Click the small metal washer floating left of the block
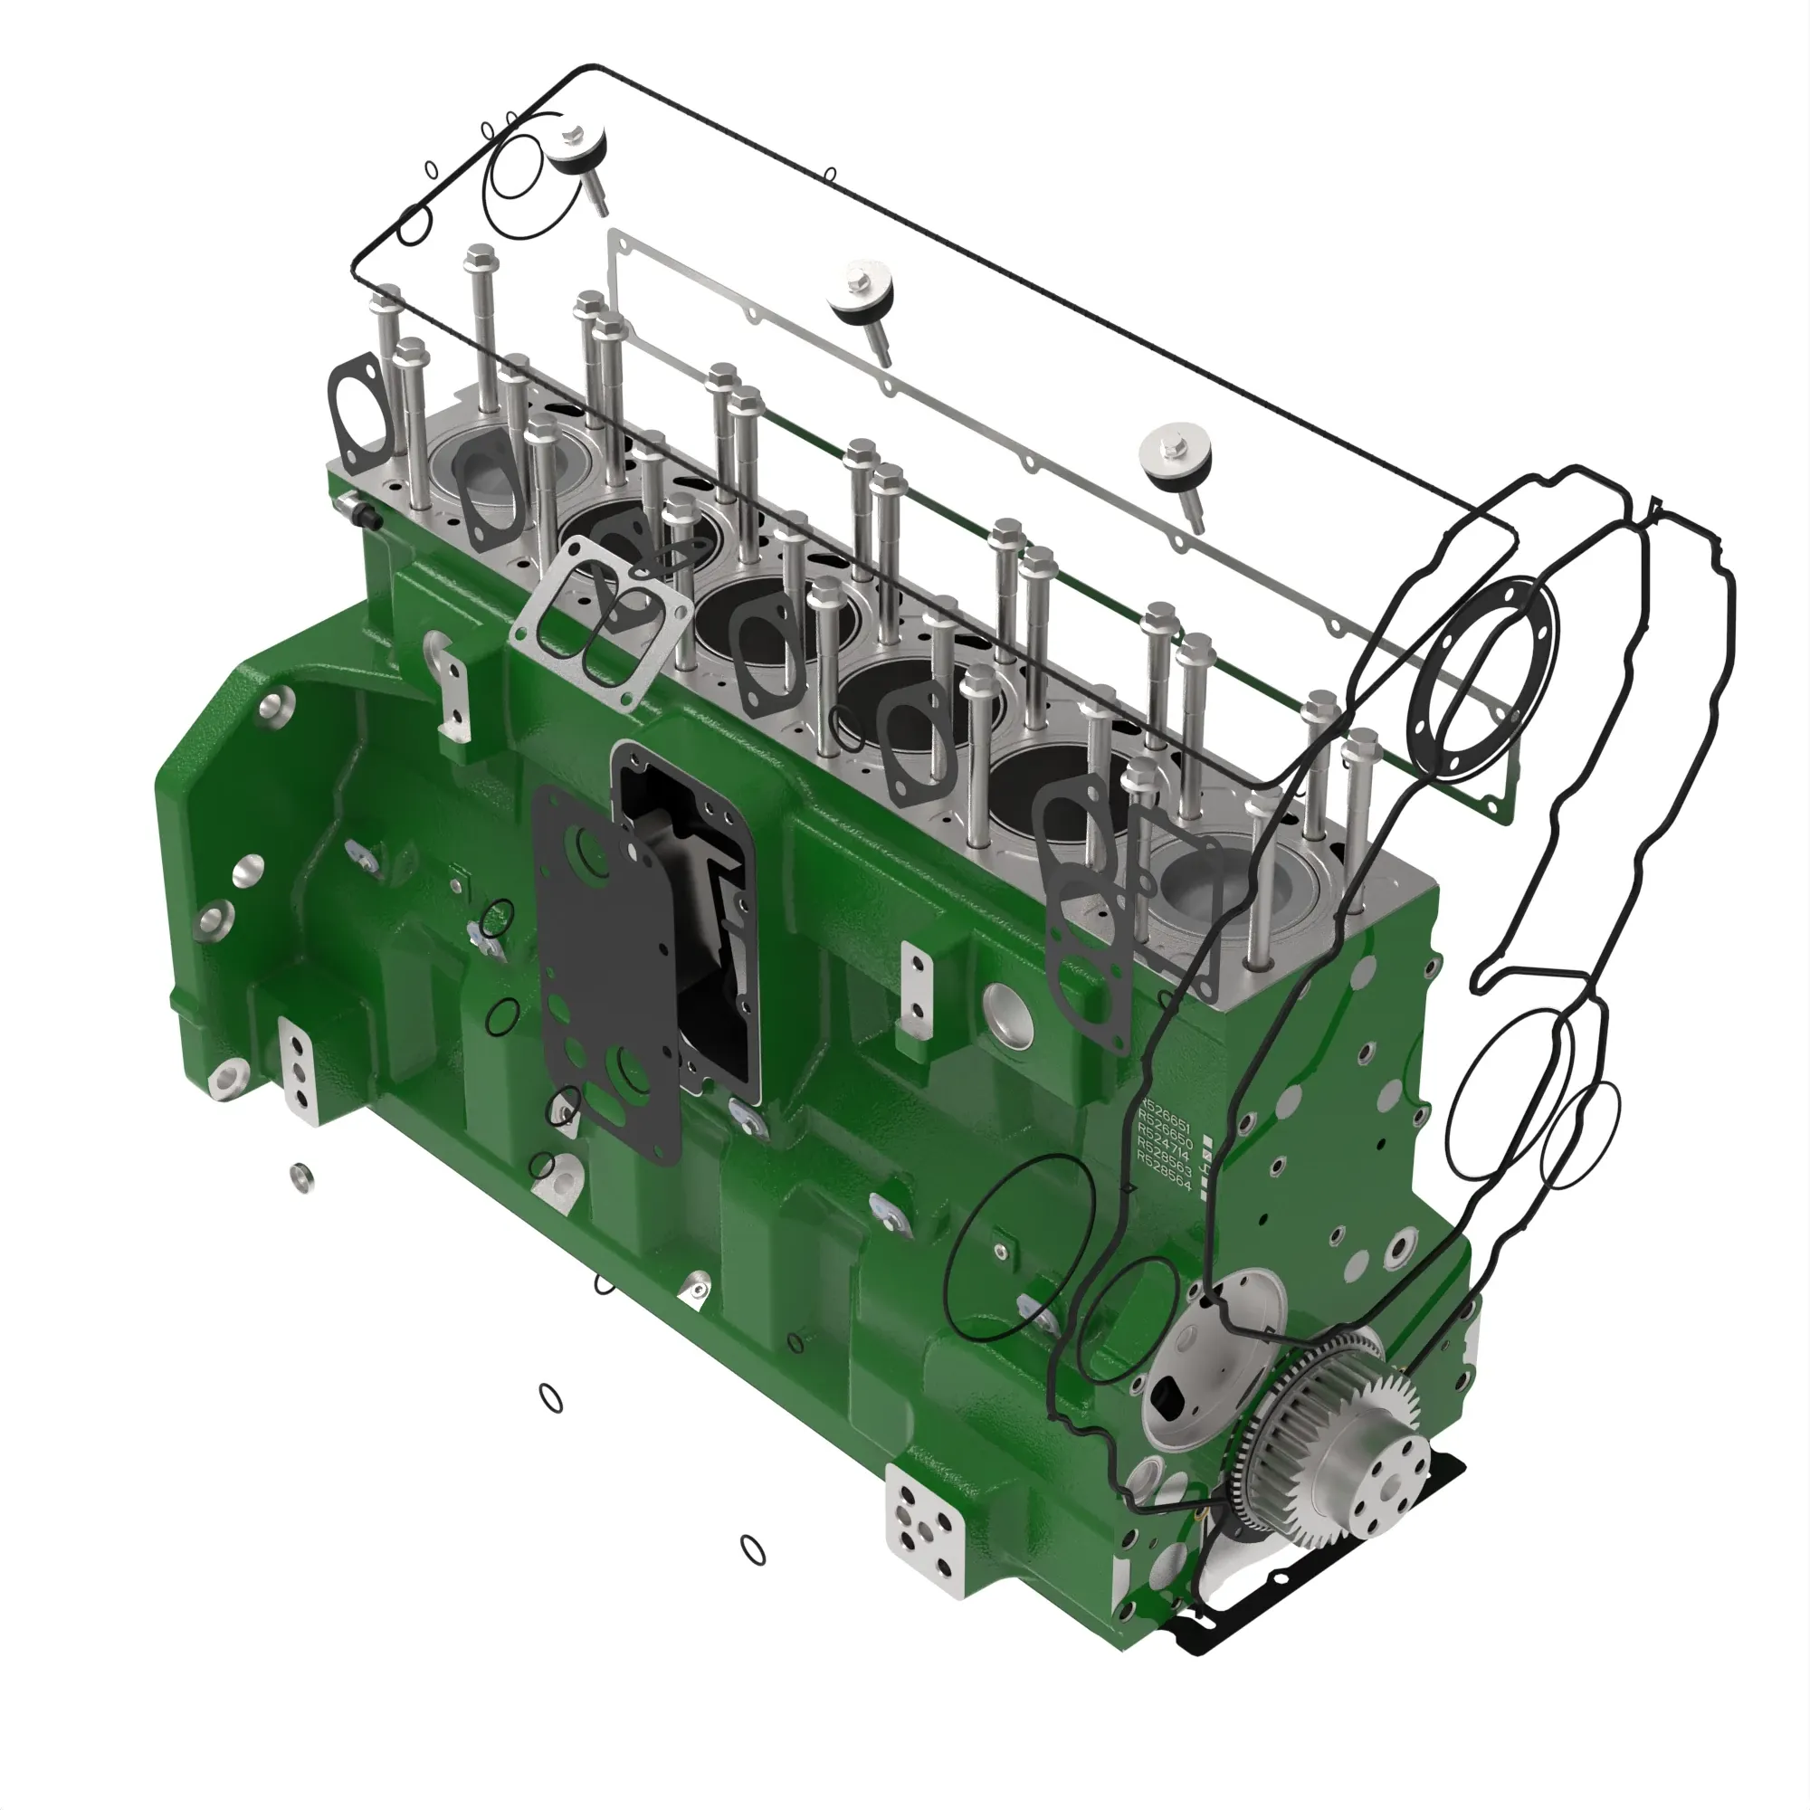tap(300, 1176)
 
